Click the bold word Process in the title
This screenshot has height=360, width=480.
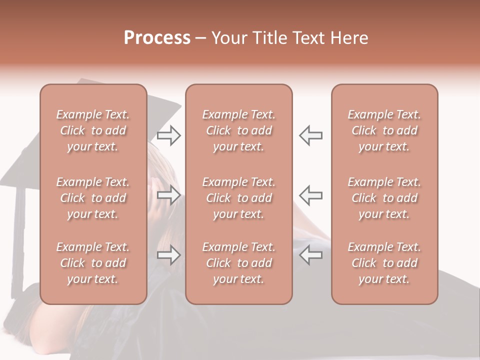157,38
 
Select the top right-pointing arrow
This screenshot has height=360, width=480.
169,135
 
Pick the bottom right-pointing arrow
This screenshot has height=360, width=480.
169,255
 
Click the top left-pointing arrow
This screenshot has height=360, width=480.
310,135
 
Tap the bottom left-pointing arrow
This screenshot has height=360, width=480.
310,255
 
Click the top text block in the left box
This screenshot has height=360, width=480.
93,130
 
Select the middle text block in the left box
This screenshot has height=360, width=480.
93,198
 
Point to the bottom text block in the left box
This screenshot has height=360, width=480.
93,263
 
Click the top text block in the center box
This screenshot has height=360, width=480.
239,130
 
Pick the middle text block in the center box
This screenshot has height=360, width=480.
239,198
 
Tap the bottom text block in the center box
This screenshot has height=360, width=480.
239,263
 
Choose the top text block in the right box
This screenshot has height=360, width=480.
384,130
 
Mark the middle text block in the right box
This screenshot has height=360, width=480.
384,198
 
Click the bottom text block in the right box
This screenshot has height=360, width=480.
384,263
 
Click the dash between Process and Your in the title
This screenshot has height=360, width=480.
201,39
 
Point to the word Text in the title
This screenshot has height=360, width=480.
308,38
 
